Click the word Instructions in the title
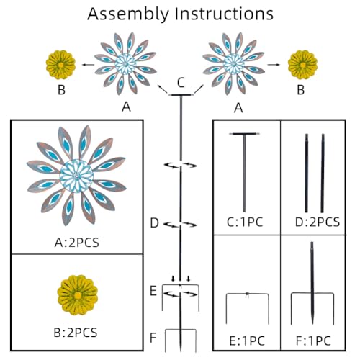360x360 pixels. pyautogui.click(x=224, y=14)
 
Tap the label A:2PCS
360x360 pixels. pyautogui.click(x=77, y=243)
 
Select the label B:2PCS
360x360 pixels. pyautogui.click(x=76, y=333)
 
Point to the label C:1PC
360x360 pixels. pyautogui.click(x=245, y=222)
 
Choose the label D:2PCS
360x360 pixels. pyautogui.click(x=318, y=222)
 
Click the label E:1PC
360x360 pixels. pyautogui.click(x=247, y=341)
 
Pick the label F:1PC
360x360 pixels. pyautogui.click(x=313, y=341)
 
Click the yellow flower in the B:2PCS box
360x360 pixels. pyautogui.click(x=78, y=295)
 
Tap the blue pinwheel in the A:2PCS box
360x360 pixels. pyautogui.click(x=76, y=176)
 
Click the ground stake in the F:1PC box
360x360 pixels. pyautogui.click(x=312, y=284)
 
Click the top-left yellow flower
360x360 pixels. pyautogui.click(x=61, y=65)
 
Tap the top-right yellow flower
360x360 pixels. pyautogui.click(x=302, y=65)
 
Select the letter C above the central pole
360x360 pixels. pyautogui.click(x=181, y=83)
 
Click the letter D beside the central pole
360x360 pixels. pyautogui.click(x=154, y=223)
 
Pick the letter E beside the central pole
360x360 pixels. pyautogui.click(x=153, y=291)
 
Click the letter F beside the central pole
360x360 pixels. pyautogui.click(x=153, y=338)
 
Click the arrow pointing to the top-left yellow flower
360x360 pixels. pyautogui.click(x=88, y=64)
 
